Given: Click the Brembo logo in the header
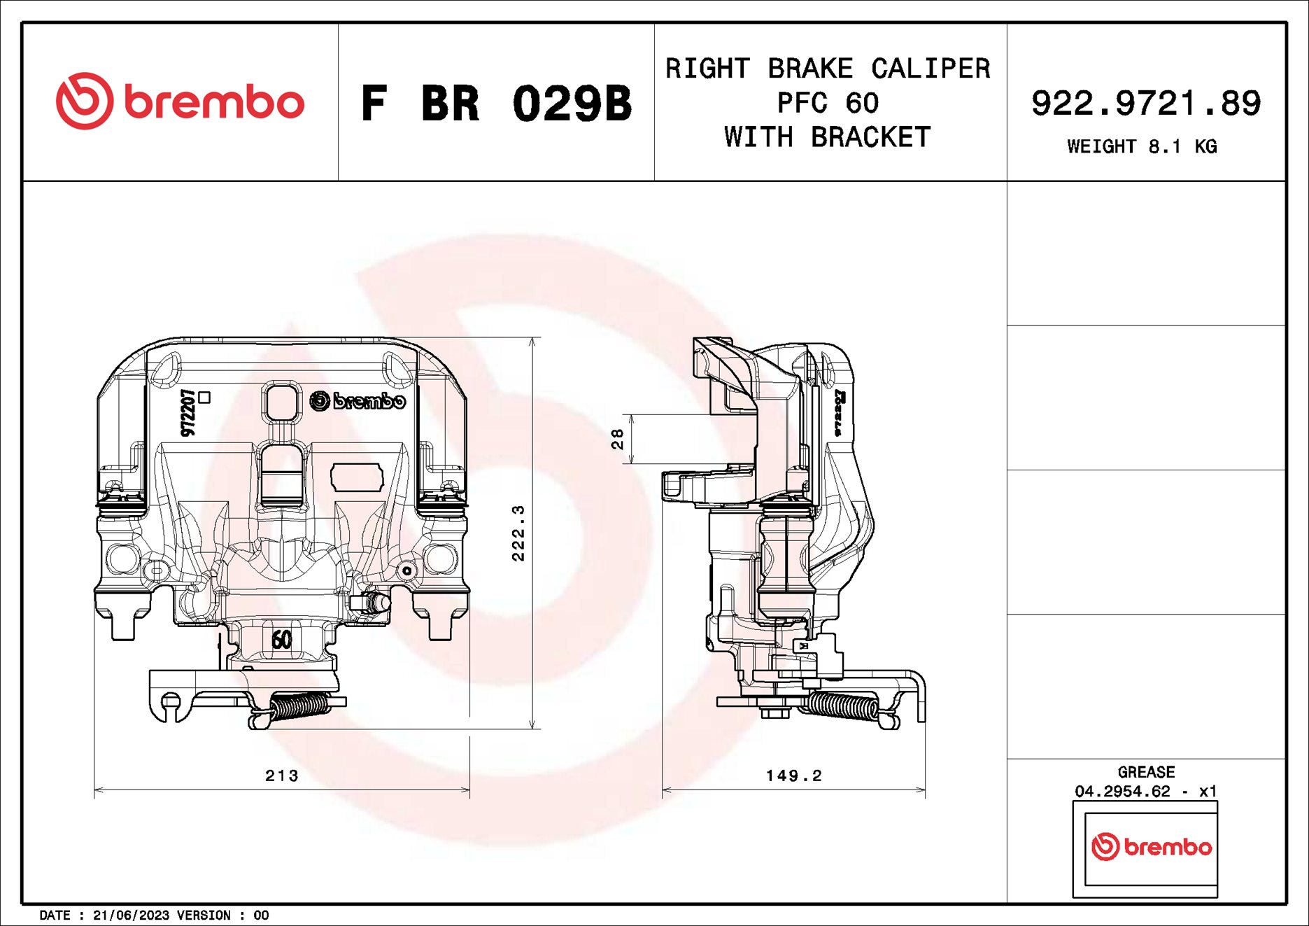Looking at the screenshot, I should point(180,101).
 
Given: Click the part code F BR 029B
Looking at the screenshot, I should point(495,104).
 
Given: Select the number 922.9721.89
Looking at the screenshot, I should point(1145,103).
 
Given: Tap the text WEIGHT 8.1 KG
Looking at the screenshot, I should point(1141,146).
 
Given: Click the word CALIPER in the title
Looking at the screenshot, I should point(930,69).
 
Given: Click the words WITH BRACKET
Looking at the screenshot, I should point(827,137).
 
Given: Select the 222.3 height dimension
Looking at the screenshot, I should point(518,533).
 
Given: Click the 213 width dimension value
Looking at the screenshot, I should point(281,775).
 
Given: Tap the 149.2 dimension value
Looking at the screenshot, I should point(793,775).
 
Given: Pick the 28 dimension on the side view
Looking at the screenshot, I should point(617,439).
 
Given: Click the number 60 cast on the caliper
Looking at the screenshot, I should point(281,639).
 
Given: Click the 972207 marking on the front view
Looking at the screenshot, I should point(187,412).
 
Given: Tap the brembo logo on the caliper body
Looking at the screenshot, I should point(358,401).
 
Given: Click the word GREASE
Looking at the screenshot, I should point(1145,771).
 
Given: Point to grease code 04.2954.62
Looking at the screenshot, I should point(1122,791).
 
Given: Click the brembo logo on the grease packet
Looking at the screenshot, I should point(1151,847).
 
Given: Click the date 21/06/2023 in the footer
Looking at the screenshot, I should point(131,915).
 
